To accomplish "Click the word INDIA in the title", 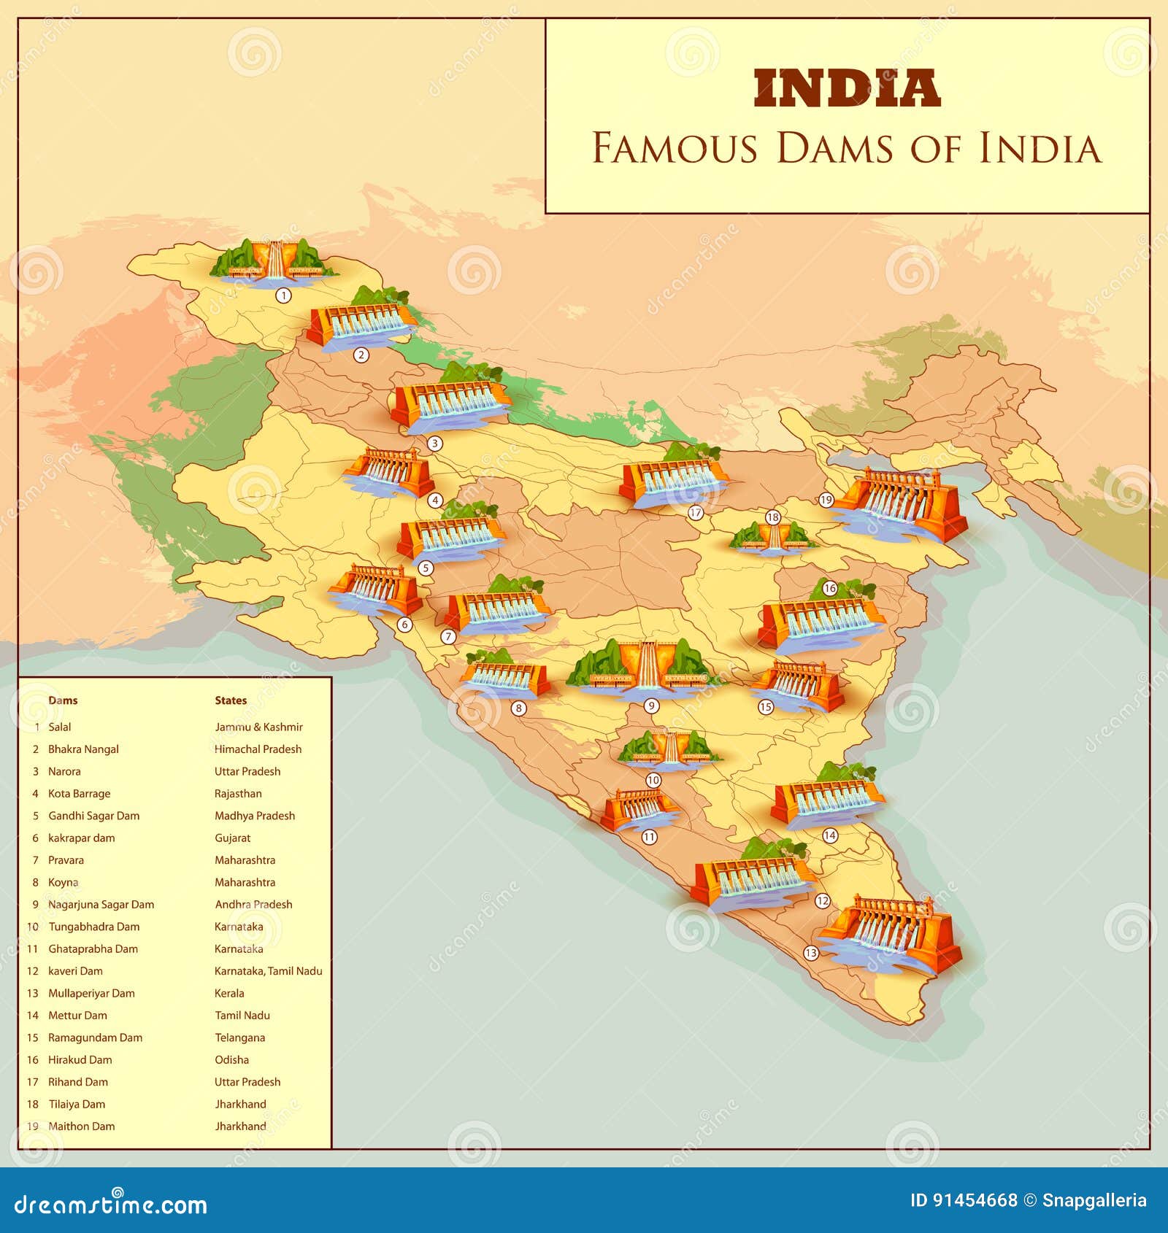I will point(846,89).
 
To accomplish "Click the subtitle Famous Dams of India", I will point(846,148).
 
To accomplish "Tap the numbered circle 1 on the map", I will point(283,295).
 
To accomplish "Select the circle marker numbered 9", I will point(652,706).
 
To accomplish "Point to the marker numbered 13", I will point(810,953).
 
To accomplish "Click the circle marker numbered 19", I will point(826,500).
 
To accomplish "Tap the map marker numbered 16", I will point(829,588).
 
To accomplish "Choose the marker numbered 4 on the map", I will point(435,500).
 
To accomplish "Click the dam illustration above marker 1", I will point(274,260).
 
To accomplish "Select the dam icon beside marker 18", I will point(772,538).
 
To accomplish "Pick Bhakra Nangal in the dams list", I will point(83,749).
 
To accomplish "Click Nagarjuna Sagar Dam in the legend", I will point(101,905).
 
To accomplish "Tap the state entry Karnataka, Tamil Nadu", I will point(268,971).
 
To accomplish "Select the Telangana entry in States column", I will point(239,1037).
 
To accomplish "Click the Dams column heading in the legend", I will point(63,700).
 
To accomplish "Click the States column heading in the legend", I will point(231,700).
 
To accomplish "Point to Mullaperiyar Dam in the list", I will point(91,993).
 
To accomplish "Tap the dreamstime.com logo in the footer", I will point(111,1205).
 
